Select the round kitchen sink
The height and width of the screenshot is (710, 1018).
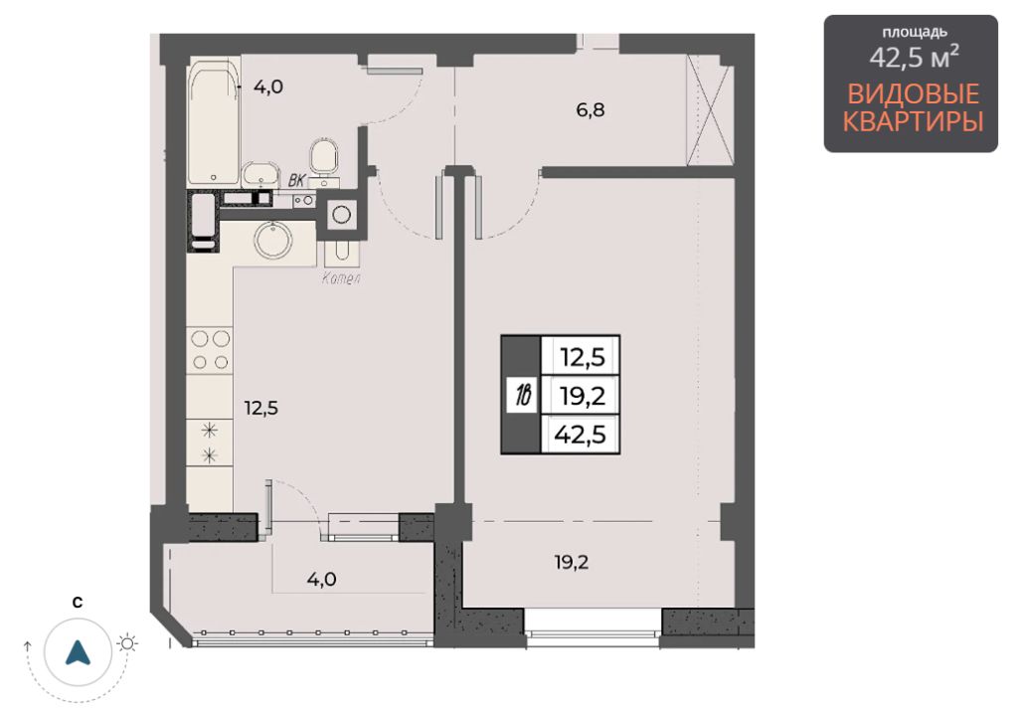(273, 241)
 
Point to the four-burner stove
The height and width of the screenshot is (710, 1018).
(211, 351)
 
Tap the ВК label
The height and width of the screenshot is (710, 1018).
(296, 180)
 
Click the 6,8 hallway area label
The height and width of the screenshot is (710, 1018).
(591, 109)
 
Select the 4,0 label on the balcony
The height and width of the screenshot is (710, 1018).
(321, 579)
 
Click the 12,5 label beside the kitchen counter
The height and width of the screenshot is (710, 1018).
(261, 408)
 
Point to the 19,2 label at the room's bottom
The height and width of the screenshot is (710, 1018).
(572, 562)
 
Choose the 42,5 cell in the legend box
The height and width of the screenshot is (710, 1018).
(581, 434)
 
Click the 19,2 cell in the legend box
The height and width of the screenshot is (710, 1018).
(581, 395)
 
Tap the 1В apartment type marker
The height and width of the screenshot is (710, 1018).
(523, 395)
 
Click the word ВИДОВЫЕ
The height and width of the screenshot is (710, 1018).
(913, 94)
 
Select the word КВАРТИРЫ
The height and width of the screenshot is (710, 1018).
(913, 122)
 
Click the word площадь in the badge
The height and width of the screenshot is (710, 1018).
(915, 32)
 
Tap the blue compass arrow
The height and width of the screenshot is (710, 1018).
(78, 652)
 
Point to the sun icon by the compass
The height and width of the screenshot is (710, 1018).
(127, 643)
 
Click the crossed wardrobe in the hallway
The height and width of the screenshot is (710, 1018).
(710, 109)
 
